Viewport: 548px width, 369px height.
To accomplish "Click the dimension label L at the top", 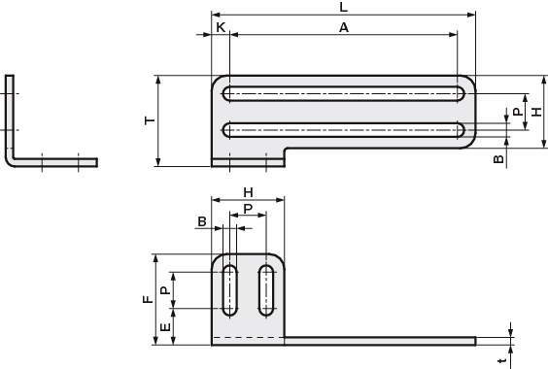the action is (344, 7).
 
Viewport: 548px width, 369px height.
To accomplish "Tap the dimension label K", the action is (221, 27).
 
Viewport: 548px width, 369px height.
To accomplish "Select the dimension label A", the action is (344, 27).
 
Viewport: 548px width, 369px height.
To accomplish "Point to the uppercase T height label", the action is (150, 120).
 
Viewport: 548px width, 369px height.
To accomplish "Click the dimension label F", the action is (149, 299).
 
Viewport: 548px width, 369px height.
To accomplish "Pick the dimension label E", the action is (165, 326).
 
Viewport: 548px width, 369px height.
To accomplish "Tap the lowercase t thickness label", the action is (502, 360).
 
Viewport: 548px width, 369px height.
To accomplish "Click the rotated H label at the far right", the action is (536, 112).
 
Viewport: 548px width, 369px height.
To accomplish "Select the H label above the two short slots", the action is (248, 192).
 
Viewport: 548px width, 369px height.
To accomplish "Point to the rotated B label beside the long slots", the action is (498, 159).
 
